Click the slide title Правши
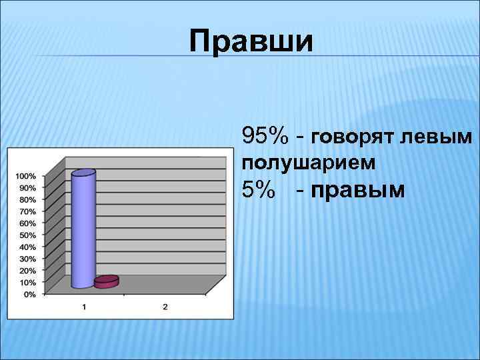pos(250,41)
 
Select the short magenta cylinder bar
pos(106,282)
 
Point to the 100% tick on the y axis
pos(26,176)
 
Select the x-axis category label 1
pos(84,307)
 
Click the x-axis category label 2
pos(165,307)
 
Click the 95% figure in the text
pos(265,136)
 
